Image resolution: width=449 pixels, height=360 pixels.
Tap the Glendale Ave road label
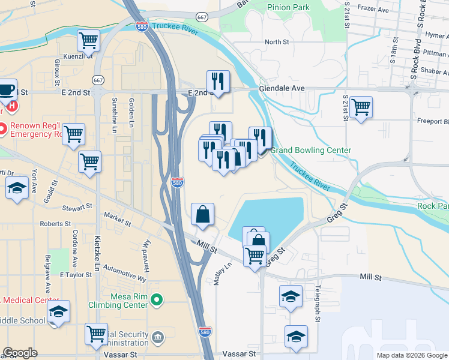[282, 88]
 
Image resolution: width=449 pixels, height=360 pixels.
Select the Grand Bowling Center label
[310, 150]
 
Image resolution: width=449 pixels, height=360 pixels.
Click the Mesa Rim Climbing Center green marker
[157, 298]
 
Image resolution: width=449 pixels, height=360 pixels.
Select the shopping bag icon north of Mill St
[203, 214]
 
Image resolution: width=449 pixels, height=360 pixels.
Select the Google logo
[20, 353]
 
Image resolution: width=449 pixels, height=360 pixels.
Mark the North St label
[277, 42]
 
